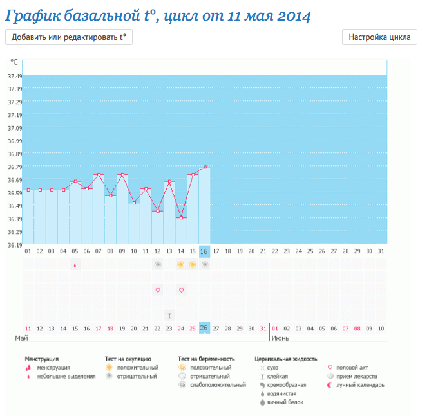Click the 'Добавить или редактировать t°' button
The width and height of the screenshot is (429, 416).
point(69,37)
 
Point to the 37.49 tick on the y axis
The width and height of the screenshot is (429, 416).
point(14,76)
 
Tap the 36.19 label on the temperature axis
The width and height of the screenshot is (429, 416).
point(14,245)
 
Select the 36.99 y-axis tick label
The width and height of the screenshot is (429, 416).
point(14,141)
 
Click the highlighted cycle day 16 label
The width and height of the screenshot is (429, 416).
point(204,251)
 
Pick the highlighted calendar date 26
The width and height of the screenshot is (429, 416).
point(204,328)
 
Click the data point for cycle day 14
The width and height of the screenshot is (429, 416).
point(181,218)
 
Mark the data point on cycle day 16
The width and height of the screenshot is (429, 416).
point(205,167)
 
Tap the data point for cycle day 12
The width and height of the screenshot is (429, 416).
point(157,211)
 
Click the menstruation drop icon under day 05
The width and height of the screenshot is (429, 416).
point(75,265)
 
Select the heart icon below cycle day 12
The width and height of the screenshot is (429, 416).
point(157,290)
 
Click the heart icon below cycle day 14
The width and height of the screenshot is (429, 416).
point(181,290)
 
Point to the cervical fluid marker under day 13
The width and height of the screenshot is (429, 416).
point(169,315)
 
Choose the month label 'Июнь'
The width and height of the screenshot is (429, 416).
point(280,338)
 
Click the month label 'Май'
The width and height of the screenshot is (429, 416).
point(21,338)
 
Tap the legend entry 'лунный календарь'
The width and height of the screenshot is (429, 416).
point(363,385)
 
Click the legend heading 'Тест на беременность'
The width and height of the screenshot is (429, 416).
point(206,359)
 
